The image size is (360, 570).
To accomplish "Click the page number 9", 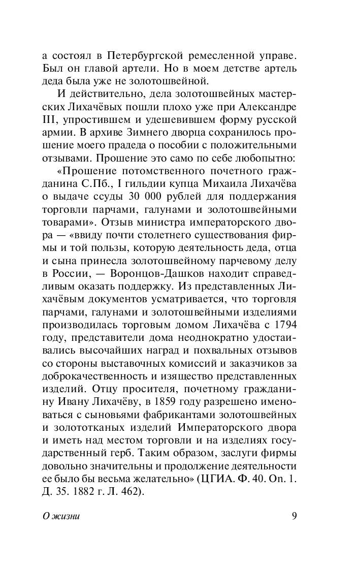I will [x=294, y=516].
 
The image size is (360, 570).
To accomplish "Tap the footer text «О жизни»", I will [x=61, y=516].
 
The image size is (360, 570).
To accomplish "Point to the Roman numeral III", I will [x=50, y=120].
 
